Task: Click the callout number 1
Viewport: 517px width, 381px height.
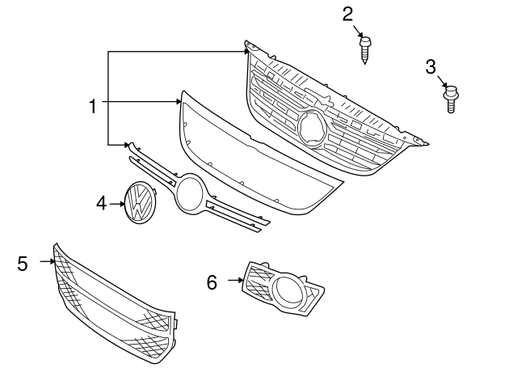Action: pyautogui.click(x=93, y=105)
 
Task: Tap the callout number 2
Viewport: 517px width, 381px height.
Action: pyautogui.click(x=348, y=14)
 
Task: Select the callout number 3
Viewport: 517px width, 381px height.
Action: pyautogui.click(x=431, y=66)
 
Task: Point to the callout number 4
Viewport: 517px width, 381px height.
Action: pyautogui.click(x=101, y=202)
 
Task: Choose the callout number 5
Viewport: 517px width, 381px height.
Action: pyautogui.click(x=23, y=263)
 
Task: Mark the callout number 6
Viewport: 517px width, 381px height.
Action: pyautogui.click(x=212, y=282)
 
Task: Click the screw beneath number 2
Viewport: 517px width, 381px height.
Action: pyautogui.click(x=364, y=49)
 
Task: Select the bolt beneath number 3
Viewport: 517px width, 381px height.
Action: pyautogui.click(x=450, y=99)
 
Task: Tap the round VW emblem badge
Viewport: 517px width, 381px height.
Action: pyautogui.click(x=139, y=201)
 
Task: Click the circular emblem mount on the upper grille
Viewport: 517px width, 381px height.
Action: pyautogui.click(x=311, y=128)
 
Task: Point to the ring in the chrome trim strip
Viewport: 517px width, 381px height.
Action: pyautogui.click(x=191, y=194)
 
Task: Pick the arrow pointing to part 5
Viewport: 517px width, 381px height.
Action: pyautogui.click(x=47, y=262)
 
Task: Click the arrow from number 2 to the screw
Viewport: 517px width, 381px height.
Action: pyautogui.click(x=358, y=30)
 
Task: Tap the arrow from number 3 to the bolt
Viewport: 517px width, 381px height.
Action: pyautogui.click(x=441, y=79)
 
